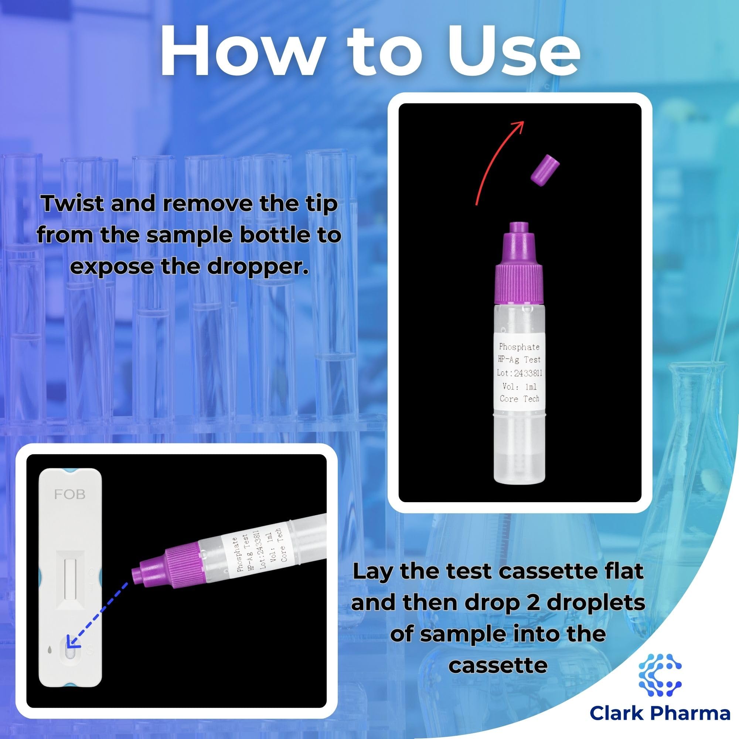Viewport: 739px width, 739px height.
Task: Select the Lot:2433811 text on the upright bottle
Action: pyautogui.click(x=520, y=372)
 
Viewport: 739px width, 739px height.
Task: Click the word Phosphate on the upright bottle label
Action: pyautogui.click(x=519, y=347)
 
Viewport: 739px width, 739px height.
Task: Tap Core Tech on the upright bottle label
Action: pyautogui.click(x=520, y=399)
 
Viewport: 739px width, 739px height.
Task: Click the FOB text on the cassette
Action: pyautogui.click(x=69, y=495)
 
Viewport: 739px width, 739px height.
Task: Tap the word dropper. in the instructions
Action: pyautogui.click(x=258, y=267)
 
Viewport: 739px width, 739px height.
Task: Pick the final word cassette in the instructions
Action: pyautogui.click(x=498, y=666)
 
